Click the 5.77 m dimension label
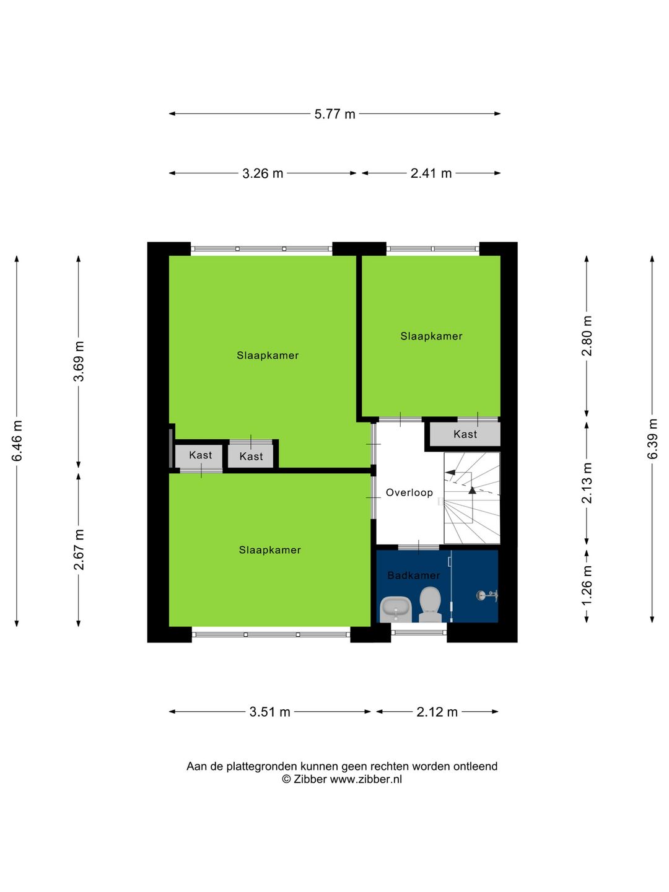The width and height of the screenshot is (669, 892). pos(334,114)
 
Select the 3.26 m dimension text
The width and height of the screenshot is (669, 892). pos(263,173)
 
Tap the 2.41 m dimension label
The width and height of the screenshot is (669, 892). pos(431,173)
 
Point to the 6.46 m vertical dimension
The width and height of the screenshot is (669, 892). pos(17,440)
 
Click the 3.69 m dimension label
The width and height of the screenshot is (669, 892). pos(79,362)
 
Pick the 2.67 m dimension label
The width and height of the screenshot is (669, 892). pos(79,550)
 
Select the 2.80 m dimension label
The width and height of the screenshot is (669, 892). pos(587,336)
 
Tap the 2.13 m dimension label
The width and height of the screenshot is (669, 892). pos(587,483)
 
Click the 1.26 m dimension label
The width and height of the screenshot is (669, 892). pos(587,585)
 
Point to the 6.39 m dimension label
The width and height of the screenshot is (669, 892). pos(652,439)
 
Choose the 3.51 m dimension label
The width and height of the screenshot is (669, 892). pos(270,712)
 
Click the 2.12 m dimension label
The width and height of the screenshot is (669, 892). pos(437,712)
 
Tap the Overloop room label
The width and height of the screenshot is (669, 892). pos(409,492)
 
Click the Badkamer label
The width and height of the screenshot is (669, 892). pos(414,575)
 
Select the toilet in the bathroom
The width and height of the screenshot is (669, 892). pos(430,605)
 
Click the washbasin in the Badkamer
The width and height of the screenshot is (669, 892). pos(396,610)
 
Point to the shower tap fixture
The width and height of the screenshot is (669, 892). pos(488,596)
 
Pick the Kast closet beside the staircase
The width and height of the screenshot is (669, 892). pos(465,434)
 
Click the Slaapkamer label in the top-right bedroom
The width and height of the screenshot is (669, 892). pos(431,336)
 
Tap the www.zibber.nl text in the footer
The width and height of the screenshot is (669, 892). pos(365,779)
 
